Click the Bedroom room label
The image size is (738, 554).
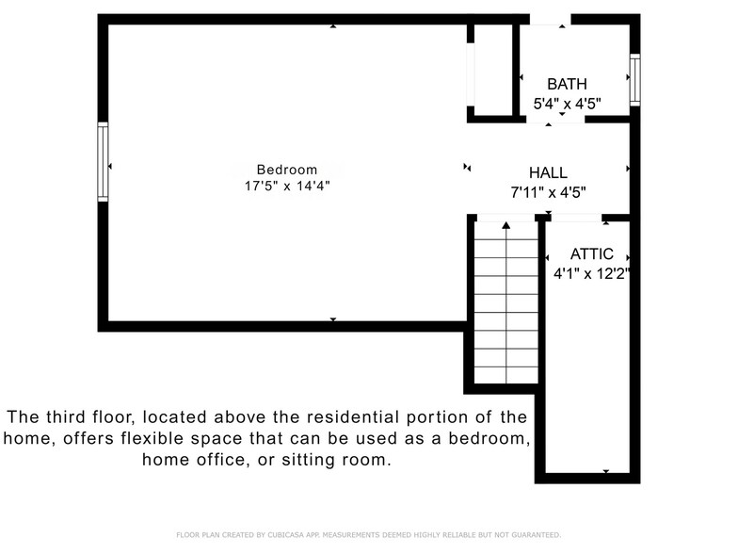pyautogui.click(x=286, y=170)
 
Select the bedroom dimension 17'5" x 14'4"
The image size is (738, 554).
pyautogui.click(x=286, y=187)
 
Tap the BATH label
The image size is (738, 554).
pyautogui.click(x=567, y=84)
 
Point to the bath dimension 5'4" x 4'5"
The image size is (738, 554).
pyautogui.click(x=567, y=104)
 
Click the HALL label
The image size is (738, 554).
pyautogui.click(x=548, y=172)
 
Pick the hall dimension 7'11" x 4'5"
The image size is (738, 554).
pyautogui.click(x=548, y=192)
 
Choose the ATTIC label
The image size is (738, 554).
pyautogui.click(x=592, y=254)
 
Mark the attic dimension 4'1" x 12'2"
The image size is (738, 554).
pyautogui.click(x=591, y=274)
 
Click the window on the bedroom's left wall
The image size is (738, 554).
pyautogui.click(x=103, y=161)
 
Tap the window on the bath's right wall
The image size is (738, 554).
pyautogui.click(x=634, y=79)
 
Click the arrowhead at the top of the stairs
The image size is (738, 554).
pyautogui.click(x=506, y=225)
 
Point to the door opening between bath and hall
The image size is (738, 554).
pyautogui.click(x=555, y=119)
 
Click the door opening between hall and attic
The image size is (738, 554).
pyautogui.click(x=574, y=218)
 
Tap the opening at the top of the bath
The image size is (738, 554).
pyautogui.click(x=550, y=19)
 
